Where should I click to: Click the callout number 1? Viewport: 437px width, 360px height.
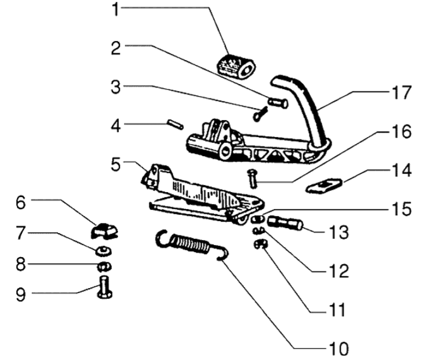point(116,9)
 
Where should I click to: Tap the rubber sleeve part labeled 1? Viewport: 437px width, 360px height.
point(236,67)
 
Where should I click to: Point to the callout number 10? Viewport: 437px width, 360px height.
point(338,349)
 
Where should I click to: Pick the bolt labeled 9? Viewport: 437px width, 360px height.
point(105,287)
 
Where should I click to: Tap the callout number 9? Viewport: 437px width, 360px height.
point(21,294)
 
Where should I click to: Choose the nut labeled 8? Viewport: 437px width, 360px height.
point(104,267)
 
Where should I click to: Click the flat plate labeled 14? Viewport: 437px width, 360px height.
point(324,186)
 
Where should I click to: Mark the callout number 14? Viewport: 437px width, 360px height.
point(402,171)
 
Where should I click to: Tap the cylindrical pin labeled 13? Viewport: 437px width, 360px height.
point(285,224)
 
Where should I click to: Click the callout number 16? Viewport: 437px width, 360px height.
point(402,131)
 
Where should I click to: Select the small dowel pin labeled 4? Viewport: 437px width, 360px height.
point(175,124)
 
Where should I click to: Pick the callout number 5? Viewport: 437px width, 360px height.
point(116,164)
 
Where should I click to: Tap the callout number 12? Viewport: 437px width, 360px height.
point(338,270)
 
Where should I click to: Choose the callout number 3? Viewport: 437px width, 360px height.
point(116,87)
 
